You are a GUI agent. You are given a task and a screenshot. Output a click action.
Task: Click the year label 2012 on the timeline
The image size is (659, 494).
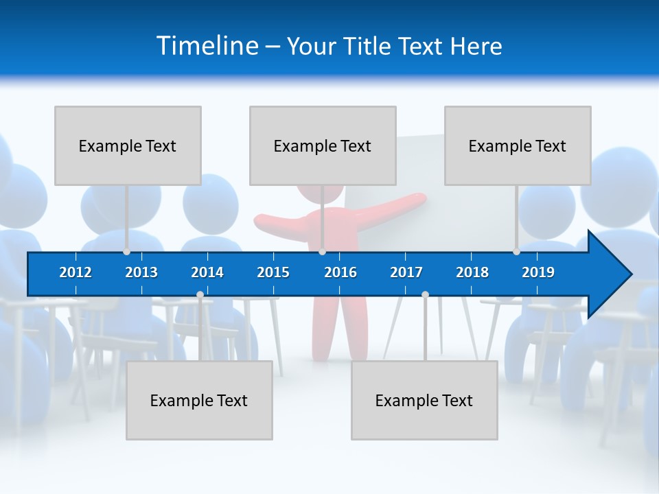[x=76, y=272]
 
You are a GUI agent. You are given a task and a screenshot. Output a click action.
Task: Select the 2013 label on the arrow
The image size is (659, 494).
[x=141, y=272]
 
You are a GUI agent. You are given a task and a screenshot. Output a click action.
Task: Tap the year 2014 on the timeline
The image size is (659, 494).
[x=207, y=272]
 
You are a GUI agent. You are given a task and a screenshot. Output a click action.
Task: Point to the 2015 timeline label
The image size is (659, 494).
[x=273, y=272]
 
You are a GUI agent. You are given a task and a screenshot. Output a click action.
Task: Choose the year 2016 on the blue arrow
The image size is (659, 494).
[x=340, y=272]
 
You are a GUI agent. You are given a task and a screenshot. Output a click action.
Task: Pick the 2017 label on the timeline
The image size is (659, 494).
[x=406, y=272]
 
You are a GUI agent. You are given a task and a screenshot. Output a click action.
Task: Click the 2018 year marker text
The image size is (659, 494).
[x=472, y=272]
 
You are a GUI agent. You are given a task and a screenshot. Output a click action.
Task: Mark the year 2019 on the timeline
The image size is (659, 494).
[x=538, y=272]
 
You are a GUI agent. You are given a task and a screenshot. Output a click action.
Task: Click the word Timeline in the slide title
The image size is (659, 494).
[x=207, y=46]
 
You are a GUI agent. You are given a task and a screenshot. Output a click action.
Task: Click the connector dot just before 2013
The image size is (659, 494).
[x=126, y=252]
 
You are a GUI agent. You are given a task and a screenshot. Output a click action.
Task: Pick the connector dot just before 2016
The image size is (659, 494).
[x=322, y=252]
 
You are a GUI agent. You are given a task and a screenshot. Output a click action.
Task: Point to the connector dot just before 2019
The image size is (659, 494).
[x=516, y=252]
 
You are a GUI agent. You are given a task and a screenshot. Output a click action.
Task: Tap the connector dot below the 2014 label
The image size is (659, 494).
[x=200, y=295]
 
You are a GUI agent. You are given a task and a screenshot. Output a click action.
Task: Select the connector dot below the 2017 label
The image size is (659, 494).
[x=425, y=295]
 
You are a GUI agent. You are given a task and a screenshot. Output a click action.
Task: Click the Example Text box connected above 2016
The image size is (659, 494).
[x=323, y=145]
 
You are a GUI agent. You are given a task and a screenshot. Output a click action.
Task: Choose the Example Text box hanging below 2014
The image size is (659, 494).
[x=199, y=400]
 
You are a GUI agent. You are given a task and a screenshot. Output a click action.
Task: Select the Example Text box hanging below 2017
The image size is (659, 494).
[x=424, y=400]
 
